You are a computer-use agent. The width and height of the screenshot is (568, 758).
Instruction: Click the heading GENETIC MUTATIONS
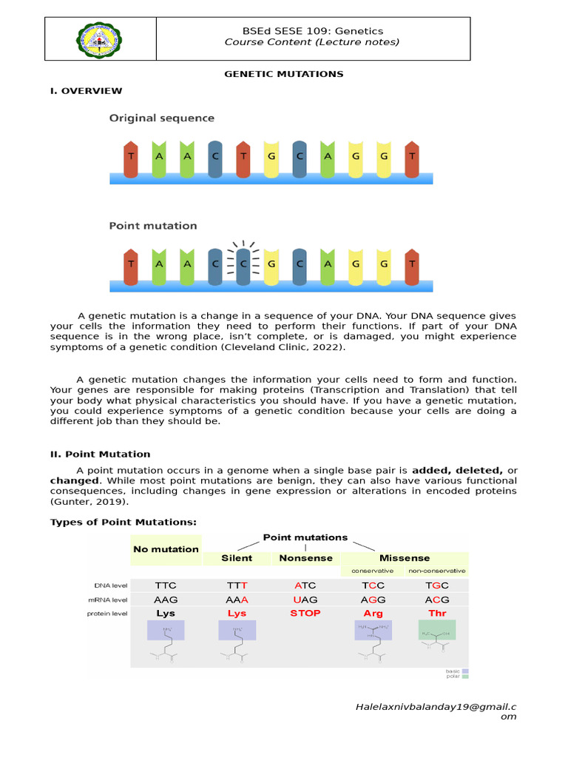tap(284, 74)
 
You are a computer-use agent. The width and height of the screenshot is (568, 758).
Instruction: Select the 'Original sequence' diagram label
tap(162, 118)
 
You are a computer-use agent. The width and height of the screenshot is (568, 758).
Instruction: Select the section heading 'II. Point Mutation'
tap(100, 454)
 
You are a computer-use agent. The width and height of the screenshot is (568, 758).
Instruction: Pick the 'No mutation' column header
tap(166, 549)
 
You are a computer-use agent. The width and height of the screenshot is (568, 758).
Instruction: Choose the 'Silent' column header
tap(237, 558)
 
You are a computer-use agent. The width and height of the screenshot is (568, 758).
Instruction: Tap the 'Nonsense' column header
tap(305, 558)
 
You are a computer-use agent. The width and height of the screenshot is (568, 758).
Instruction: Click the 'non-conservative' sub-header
tap(437, 571)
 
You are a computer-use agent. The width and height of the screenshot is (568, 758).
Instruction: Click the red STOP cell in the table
tap(305, 614)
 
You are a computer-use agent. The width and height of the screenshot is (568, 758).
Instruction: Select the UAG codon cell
tap(305, 600)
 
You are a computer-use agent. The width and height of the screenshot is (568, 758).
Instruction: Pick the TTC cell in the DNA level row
tap(166, 585)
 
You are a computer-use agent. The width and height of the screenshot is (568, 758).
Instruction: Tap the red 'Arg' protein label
tap(373, 614)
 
